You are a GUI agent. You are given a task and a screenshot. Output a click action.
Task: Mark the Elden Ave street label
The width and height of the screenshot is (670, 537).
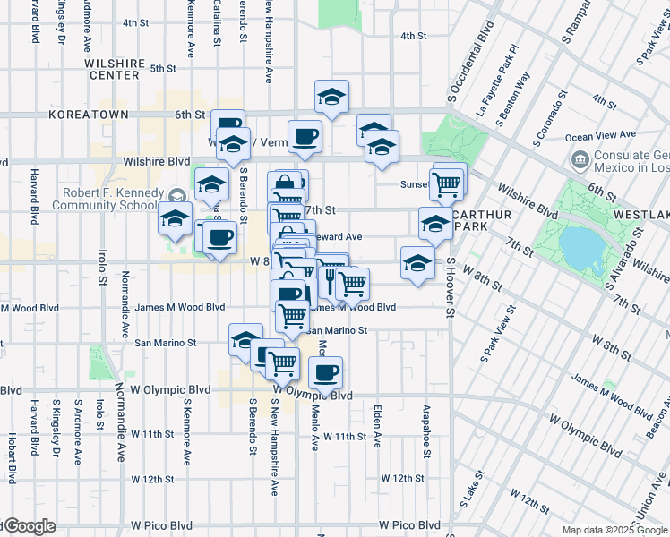(377, 428)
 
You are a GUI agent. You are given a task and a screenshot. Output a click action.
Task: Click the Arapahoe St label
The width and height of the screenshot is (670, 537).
(426, 429)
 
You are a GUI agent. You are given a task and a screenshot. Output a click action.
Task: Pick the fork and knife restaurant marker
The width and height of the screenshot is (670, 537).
(330, 280)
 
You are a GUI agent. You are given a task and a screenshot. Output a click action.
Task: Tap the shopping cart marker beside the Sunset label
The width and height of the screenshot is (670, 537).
(446, 184)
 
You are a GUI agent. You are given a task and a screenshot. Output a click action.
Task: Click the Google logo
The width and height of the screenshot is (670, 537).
(29, 527)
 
